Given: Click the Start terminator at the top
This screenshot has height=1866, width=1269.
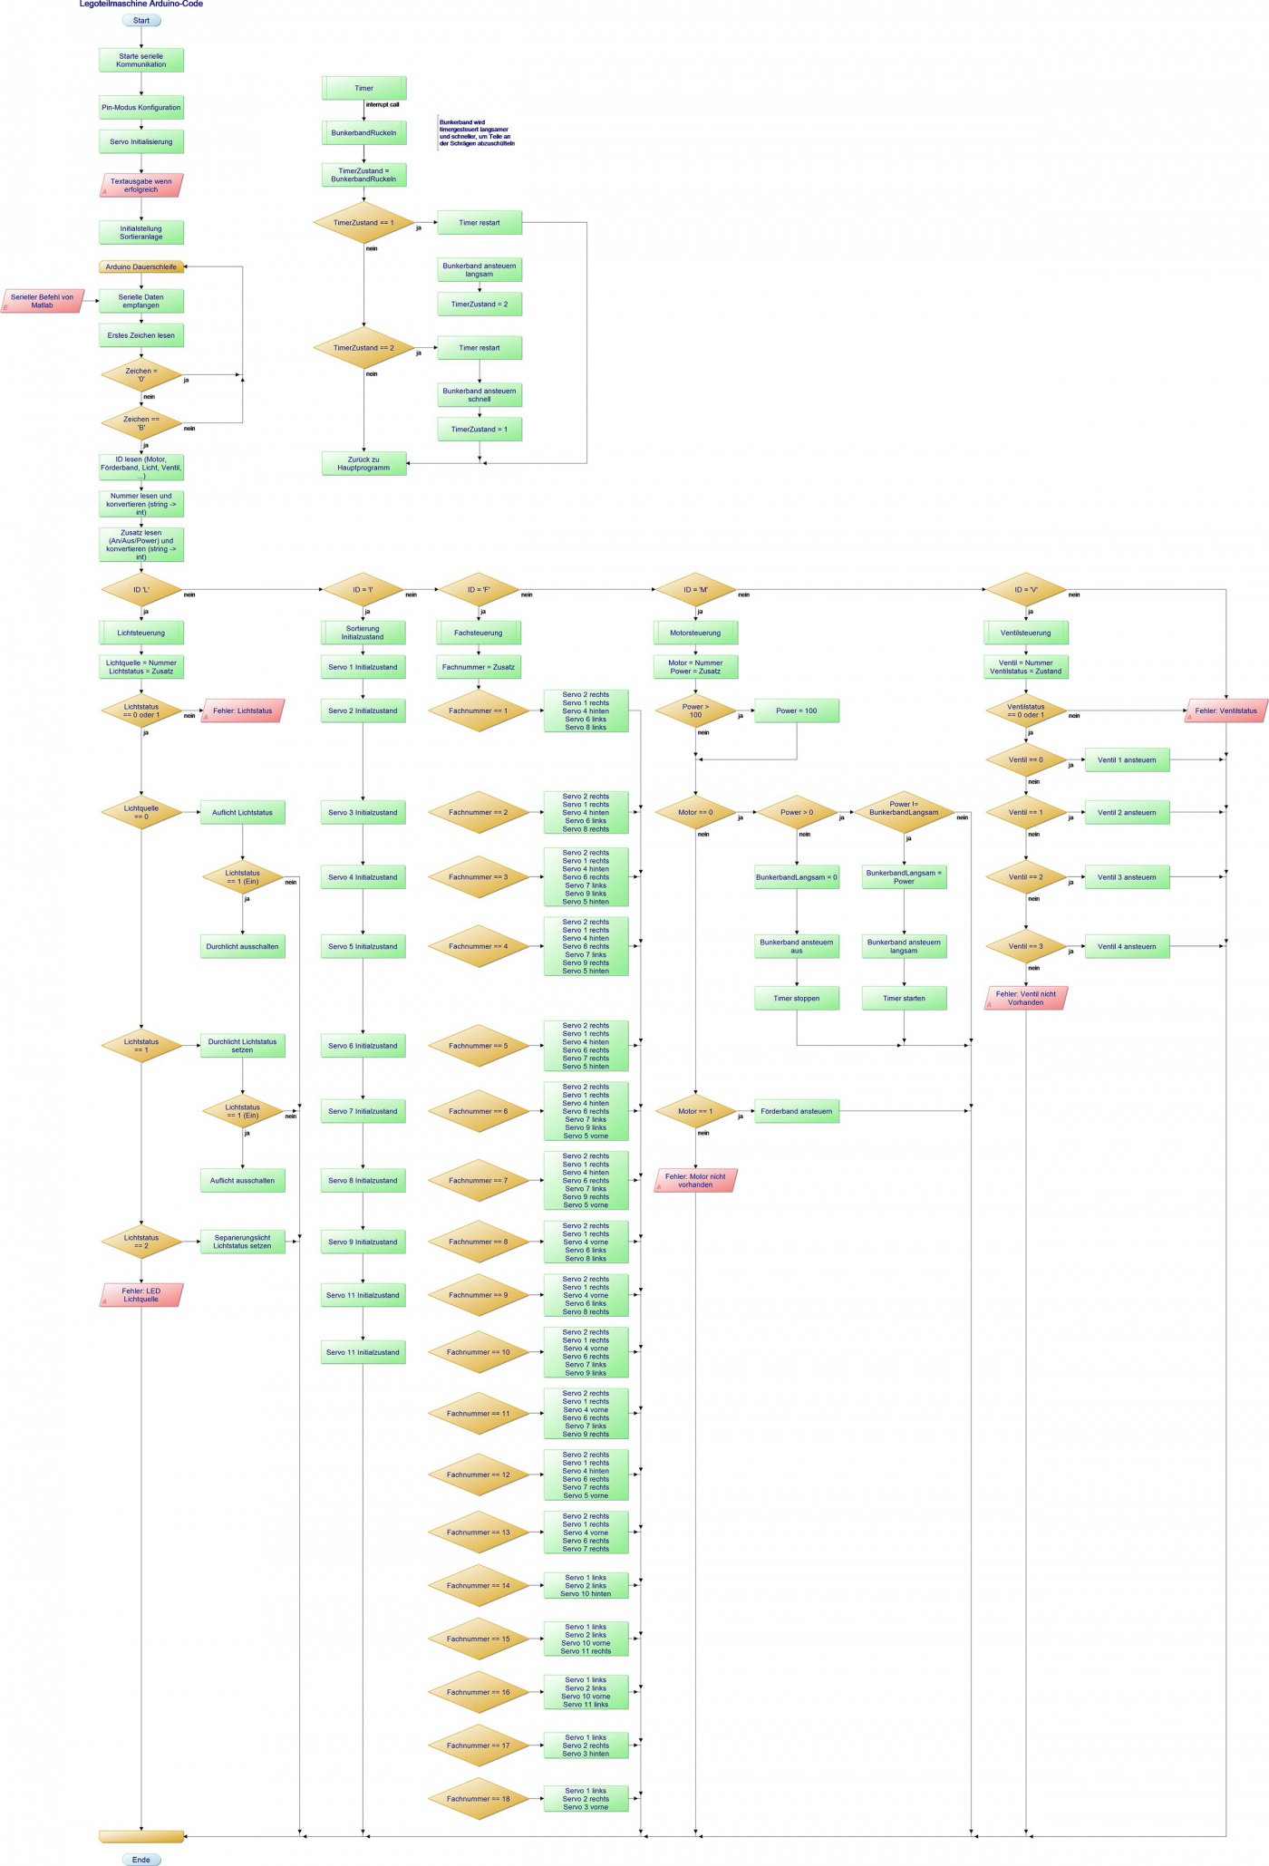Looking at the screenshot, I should pos(141,20).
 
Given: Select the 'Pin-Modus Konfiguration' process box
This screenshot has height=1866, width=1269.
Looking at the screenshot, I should pos(141,108).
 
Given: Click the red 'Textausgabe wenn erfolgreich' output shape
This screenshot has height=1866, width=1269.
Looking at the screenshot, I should pos(141,185).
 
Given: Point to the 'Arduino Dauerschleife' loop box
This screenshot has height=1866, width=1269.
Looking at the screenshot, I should pos(141,266).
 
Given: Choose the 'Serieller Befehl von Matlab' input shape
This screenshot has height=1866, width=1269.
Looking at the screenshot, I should pos(43,301).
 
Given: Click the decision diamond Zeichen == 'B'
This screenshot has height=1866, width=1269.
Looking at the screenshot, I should pos(141,422).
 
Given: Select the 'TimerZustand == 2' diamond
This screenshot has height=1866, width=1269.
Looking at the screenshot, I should pos(363,348).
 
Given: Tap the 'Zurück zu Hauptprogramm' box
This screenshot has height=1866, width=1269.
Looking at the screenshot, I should pos(363,463).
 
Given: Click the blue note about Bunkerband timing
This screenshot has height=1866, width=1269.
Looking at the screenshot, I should pos(477,132).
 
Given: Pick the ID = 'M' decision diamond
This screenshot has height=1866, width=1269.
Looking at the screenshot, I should pos(695,590).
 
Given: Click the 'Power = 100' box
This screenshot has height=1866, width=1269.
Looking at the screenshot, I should pos(797,711).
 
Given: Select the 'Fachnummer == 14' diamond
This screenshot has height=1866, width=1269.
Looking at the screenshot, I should pos(479,1585).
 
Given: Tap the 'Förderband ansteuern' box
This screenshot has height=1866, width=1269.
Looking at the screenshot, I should pos(797,1111).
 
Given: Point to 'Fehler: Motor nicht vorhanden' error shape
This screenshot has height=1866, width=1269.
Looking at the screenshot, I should pos(695,1180).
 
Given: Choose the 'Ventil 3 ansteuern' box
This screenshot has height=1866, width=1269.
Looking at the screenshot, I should pos(1127,877).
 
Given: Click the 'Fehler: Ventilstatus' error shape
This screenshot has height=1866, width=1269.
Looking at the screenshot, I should pos(1225,711).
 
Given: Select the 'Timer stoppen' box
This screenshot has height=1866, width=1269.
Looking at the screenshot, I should pos(797,998).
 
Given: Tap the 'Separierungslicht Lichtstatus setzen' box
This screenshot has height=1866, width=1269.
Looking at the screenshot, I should pos(242,1242).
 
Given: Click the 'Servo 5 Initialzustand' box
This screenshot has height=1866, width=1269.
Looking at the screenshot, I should pos(363,946).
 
